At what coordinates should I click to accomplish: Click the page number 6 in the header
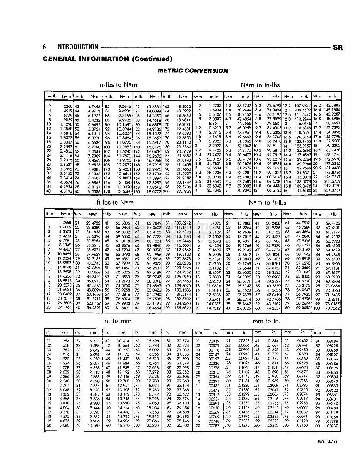click(x=45, y=47)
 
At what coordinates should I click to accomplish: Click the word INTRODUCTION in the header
click(x=77, y=47)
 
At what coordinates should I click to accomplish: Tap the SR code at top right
click(x=338, y=48)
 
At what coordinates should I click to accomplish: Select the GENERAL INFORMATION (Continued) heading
click(x=107, y=59)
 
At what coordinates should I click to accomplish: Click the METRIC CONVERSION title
click(x=193, y=70)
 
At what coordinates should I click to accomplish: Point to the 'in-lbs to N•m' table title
click(x=118, y=85)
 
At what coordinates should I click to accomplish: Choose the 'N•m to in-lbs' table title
click(x=260, y=85)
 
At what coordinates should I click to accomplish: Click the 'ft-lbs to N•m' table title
click(x=118, y=202)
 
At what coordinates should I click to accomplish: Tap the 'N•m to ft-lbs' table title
click(x=268, y=202)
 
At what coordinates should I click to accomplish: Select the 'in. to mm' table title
click(x=117, y=320)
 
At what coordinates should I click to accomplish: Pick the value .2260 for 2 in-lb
click(x=67, y=106)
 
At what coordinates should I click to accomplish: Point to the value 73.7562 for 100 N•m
click(x=333, y=309)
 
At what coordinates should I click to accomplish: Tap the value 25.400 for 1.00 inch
click(x=183, y=426)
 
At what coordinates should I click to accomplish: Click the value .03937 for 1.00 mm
click(x=332, y=426)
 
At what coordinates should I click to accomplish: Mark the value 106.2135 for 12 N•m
click(x=273, y=191)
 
